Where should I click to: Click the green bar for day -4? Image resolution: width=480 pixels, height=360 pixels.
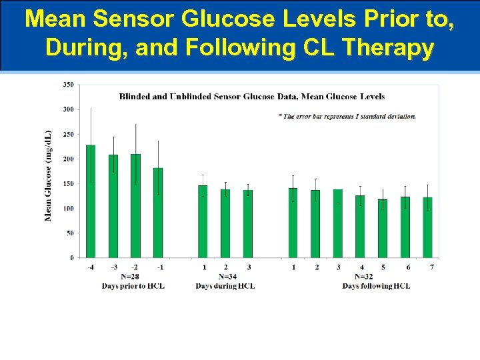coord(91,201)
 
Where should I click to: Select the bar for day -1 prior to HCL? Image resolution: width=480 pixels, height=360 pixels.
coord(158,213)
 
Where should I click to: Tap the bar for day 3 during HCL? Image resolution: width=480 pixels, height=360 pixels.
coord(248,224)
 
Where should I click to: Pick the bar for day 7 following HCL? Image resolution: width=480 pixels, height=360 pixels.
coord(427,227)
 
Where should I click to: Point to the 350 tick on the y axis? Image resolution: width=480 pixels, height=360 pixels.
coord(69,85)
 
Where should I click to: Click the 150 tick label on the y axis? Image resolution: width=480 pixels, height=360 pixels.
coord(69,183)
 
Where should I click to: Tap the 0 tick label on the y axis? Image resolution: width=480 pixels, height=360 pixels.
coord(71,258)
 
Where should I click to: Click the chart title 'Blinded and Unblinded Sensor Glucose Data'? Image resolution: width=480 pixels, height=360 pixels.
coord(251,97)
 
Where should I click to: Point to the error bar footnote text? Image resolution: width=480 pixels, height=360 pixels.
coord(347,116)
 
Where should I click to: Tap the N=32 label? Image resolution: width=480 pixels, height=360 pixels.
coord(364,277)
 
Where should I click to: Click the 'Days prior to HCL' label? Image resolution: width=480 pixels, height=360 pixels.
coord(133,286)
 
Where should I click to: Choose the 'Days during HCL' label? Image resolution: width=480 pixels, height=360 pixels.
coord(225,286)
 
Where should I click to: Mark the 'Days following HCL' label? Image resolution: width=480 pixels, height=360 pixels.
coord(376,286)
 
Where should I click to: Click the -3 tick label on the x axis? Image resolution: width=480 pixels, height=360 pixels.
coord(113,267)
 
